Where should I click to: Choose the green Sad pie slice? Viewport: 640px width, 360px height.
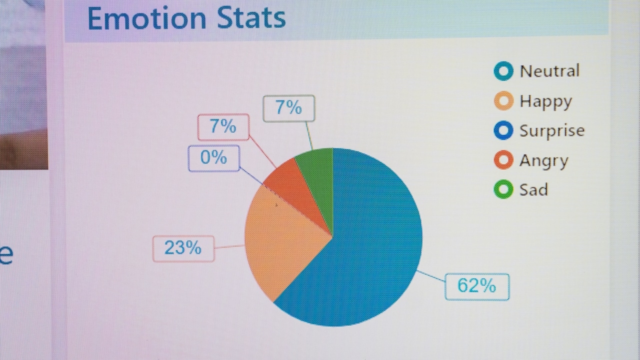tap(318, 172)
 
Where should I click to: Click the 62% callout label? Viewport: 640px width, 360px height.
tap(477, 286)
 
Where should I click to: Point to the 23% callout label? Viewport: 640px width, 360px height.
tap(183, 248)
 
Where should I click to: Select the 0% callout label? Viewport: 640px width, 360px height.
tap(213, 158)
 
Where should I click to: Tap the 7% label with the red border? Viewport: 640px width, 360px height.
tap(223, 127)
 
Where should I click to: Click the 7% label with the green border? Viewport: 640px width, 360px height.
tap(289, 108)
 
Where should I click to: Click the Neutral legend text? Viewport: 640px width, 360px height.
tap(549, 71)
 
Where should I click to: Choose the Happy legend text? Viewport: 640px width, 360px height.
tap(545, 101)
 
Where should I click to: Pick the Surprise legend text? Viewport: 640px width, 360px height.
tap(551, 131)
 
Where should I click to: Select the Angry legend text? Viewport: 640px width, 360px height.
tap(543, 161)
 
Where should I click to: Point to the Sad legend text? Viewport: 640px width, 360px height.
tap(533, 190)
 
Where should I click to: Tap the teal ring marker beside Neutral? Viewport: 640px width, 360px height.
tap(503, 71)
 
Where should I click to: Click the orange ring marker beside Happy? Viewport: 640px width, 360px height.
tap(503, 101)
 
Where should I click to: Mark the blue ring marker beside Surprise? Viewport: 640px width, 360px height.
tap(503, 130)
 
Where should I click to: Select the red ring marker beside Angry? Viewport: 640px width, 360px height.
tap(503, 160)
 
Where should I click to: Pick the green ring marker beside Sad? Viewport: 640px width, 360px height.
tap(503, 189)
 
